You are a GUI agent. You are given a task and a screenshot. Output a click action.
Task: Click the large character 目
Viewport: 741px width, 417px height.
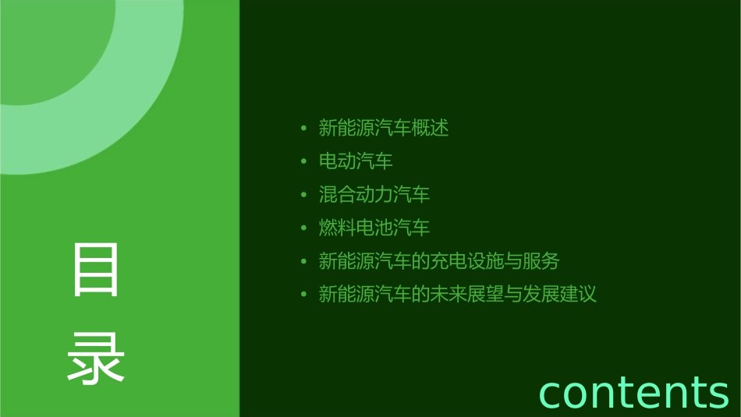(x=96, y=269)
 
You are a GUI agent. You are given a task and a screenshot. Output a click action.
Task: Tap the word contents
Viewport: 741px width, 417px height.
(x=633, y=391)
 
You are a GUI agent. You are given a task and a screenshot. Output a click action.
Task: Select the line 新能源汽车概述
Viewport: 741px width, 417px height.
(x=384, y=128)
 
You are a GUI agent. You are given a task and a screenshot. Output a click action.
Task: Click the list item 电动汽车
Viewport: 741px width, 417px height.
(x=356, y=161)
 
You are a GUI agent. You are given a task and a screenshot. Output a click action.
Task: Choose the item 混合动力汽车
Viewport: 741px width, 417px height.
(x=374, y=194)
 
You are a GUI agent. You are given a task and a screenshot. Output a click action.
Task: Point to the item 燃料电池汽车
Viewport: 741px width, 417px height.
(x=374, y=228)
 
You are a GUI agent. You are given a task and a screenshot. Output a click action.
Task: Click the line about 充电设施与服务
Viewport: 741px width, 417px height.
(x=439, y=261)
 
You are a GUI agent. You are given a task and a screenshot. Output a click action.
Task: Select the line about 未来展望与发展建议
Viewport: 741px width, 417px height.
(x=458, y=295)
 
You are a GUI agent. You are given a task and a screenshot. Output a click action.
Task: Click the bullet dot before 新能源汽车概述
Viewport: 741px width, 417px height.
(x=303, y=128)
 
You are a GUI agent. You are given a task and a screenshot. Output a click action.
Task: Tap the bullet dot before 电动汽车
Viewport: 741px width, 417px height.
(x=303, y=161)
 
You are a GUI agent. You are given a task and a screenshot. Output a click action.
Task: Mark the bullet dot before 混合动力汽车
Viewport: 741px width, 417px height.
(x=303, y=195)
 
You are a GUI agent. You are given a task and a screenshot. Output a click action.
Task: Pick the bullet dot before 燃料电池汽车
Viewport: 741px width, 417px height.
(x=303, y=228)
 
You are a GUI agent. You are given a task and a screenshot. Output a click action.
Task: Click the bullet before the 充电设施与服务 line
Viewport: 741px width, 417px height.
(x=303, y=262)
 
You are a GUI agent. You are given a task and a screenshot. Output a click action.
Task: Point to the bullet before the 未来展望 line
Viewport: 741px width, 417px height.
(x=303, y=295)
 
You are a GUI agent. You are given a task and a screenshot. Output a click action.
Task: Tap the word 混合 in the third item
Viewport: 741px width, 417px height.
(x=338, y=194)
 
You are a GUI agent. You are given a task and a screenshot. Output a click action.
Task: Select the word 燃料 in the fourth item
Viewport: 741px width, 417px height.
(x=338, y=228)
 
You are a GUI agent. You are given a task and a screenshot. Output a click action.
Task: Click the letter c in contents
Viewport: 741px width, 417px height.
(x=551, y=394)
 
